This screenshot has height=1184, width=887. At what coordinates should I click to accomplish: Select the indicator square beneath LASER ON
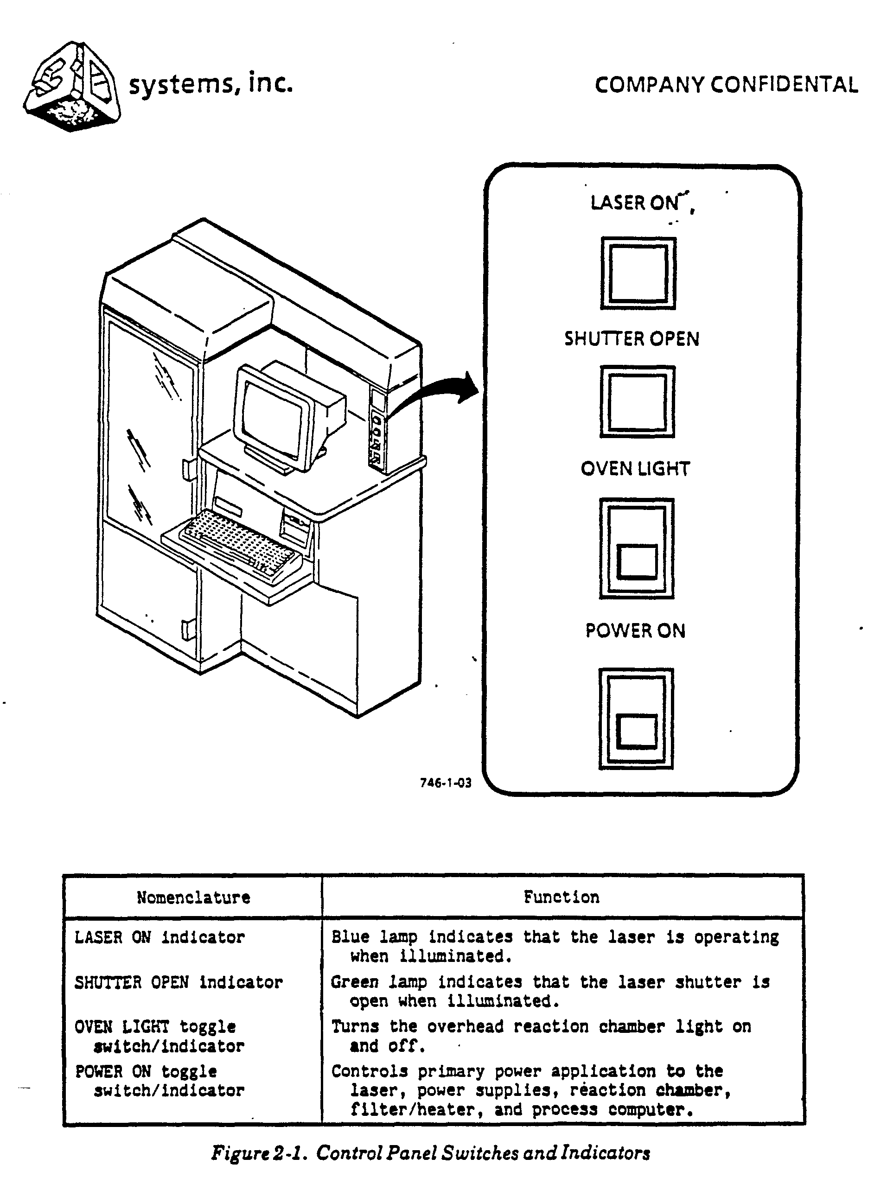tap(638, 273)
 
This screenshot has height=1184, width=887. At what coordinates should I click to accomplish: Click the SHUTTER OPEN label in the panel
tap(632, 339)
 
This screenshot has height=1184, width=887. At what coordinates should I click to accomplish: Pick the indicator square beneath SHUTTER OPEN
tap(637, 401)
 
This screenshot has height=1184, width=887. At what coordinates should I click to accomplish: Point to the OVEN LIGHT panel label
tap(635, 469)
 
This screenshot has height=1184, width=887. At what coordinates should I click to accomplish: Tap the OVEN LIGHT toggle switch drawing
tap(637, 548)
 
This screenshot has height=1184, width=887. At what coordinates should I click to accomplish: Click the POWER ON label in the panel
tap(635, 630)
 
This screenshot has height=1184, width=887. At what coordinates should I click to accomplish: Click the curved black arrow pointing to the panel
tap(436, 394)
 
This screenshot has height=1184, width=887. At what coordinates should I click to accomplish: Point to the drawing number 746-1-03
tap(446, 783)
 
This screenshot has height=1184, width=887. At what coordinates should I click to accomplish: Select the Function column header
tap(561, 897)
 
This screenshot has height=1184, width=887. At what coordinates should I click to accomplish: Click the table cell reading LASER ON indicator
tap(160, 937)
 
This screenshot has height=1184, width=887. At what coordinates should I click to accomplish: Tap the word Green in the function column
tap(353, 982)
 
